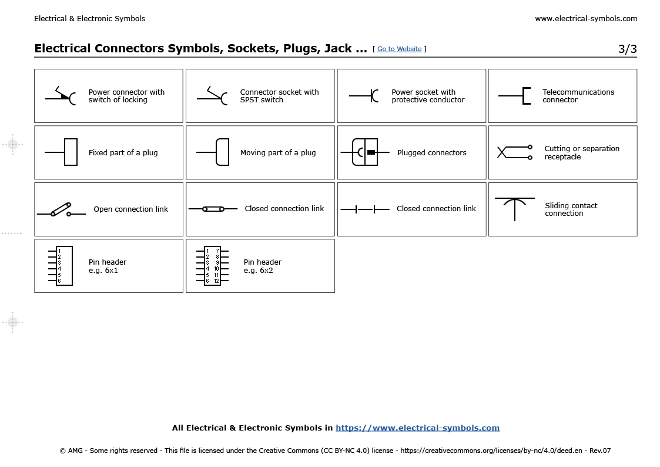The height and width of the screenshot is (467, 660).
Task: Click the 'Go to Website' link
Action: (399, 49)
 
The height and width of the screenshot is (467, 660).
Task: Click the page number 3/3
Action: (627, 49)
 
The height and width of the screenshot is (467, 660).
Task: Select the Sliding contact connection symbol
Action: (515, 208)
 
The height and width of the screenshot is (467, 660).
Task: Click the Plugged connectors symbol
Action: (364, 152)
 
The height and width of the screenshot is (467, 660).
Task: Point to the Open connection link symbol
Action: (61, 209)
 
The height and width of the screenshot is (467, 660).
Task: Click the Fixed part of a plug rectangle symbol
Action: (70, 152)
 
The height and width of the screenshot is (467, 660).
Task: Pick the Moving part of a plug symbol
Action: (222, 152)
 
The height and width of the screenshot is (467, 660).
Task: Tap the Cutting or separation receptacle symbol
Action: (515, 152)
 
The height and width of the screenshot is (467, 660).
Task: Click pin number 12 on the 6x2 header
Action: (216, 281)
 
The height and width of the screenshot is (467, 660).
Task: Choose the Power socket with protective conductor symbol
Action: (364, 95)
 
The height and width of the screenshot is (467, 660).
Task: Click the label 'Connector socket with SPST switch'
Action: (279, 96)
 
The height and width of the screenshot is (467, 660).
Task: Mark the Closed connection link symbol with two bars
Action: (364, 209)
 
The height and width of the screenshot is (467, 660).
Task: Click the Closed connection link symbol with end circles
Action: (213, 209)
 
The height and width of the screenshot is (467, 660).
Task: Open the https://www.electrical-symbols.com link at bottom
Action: (417, 428)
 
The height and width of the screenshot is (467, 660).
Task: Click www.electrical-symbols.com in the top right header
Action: (585, 19)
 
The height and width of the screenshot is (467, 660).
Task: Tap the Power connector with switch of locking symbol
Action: (62, 96)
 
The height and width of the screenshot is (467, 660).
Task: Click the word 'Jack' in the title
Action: (338, 48)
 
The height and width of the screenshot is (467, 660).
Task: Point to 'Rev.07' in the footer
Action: (599, 451)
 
